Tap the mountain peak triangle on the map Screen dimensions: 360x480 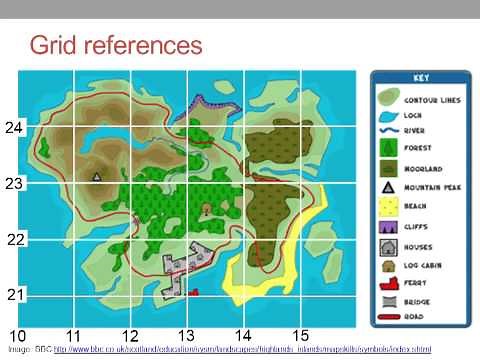[97, 176]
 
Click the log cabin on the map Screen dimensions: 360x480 [207, 209]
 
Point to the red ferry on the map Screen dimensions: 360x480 [194, 292]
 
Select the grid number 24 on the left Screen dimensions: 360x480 [14, 128]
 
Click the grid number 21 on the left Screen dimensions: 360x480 [14, 295]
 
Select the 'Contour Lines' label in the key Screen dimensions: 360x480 [431, 101]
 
